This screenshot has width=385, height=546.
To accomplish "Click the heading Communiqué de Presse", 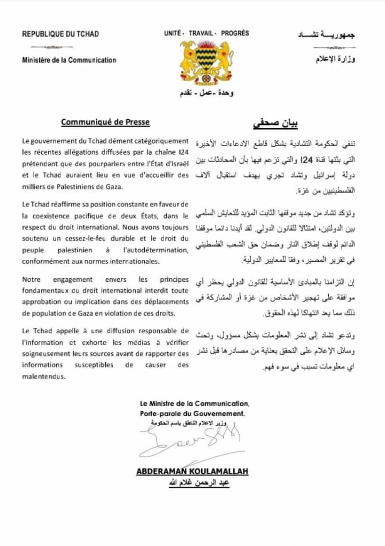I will (105, 122).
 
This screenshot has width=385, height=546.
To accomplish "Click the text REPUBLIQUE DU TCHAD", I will (61, 34).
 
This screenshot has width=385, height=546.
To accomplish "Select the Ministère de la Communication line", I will (69, 60).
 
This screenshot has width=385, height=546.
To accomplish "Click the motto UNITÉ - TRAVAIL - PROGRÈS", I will (206, 33).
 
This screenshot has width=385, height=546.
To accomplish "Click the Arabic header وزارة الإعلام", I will (335, 59).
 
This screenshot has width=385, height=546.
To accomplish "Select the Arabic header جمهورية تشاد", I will (327, 35).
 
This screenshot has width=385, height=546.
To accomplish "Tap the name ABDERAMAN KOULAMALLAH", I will (192, 471).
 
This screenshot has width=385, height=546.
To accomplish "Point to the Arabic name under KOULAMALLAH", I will (194, 482).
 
